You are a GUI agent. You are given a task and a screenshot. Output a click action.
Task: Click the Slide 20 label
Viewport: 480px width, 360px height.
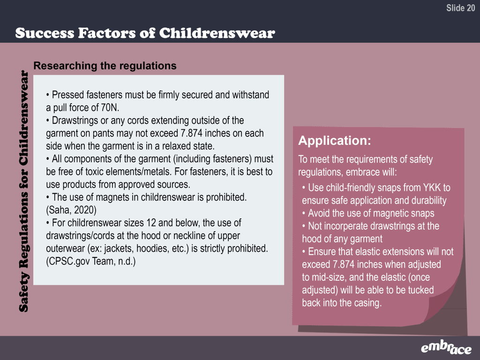click(x=460, y=8)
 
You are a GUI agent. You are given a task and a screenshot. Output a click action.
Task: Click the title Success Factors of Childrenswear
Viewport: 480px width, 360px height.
click(x=145, y=33)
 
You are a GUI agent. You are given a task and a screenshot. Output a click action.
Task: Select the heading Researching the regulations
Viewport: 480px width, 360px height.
click(x=105, y=66)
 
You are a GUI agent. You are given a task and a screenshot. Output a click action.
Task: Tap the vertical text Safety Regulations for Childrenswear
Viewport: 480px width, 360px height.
click(x=23, y=191)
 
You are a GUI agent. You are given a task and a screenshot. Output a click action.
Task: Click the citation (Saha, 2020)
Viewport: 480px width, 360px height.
click(x=71, y=210)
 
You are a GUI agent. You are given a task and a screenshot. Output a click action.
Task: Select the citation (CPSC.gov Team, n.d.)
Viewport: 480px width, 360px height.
click(x=91, y=261)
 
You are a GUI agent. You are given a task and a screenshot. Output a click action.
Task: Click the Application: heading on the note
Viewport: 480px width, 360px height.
click(x=335, y=141)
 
